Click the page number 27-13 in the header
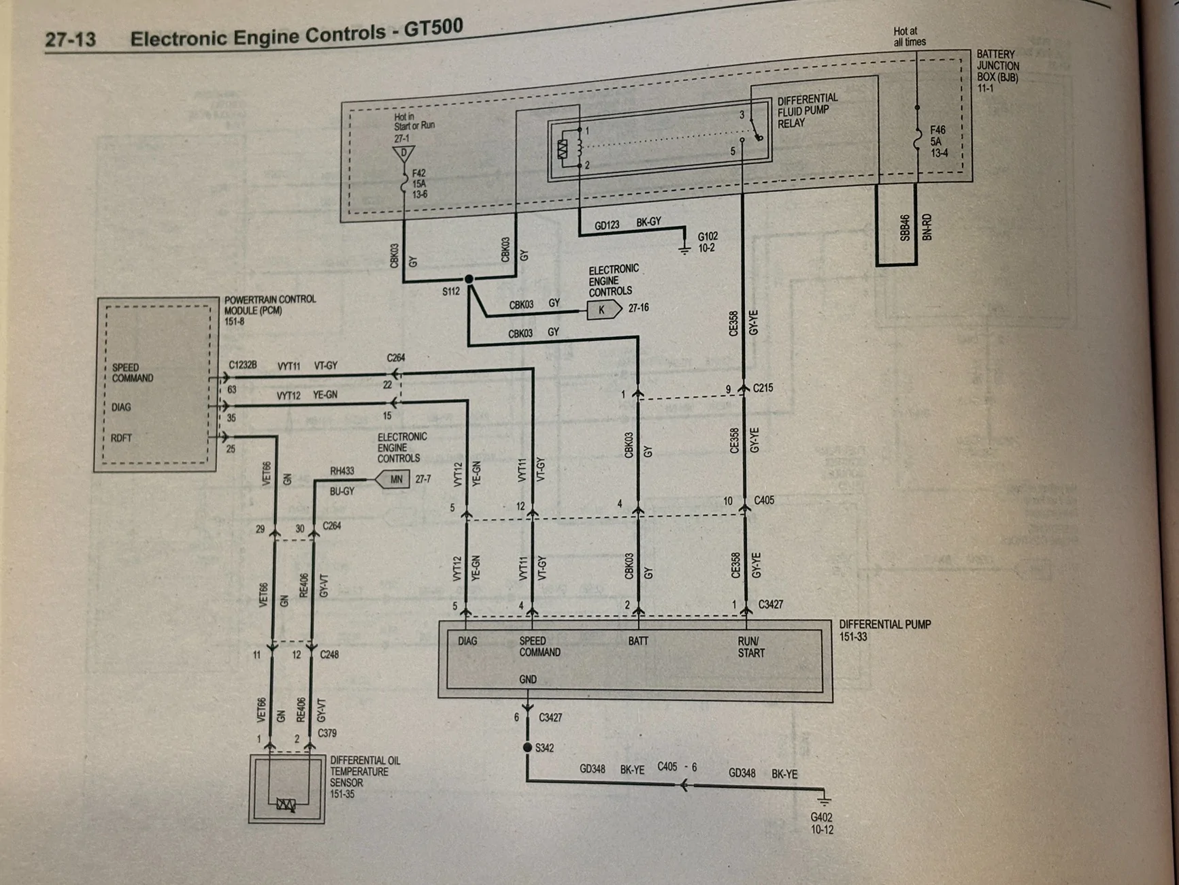70,39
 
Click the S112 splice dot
469,279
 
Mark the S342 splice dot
527,747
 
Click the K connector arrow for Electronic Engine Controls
604,310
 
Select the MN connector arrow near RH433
393,479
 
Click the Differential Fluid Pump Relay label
808,111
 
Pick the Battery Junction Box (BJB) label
998,71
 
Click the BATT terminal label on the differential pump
638,641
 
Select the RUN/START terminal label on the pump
751,647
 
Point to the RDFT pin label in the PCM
122,438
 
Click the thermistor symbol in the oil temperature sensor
286,805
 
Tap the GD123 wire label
607,225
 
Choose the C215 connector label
763,388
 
